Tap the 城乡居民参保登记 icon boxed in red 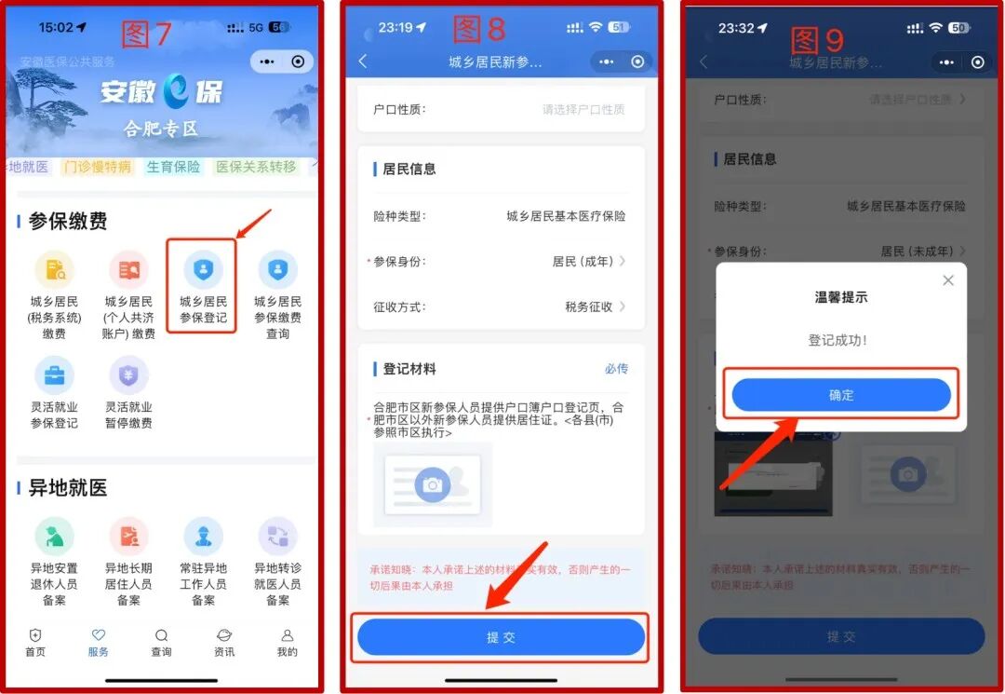point(203,270)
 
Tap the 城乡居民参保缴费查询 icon point(277,270)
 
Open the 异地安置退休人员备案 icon point(54,537)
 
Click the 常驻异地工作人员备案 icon point(203,537)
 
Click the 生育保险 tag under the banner point(173,167)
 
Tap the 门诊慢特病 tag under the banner point(98,167)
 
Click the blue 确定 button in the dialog point(841,395)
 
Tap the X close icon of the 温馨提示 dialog point(947,280)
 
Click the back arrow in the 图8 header point(363,61)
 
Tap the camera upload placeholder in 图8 point(433,484)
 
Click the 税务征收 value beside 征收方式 point(588,306)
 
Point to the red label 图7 point(147,34)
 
